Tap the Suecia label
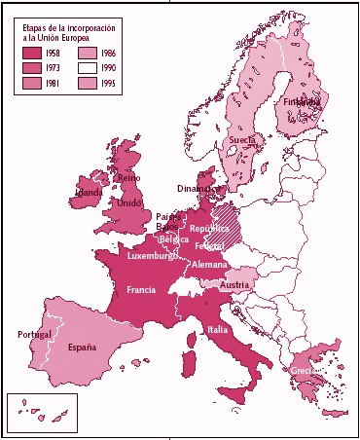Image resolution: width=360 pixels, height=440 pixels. tap(242, 140)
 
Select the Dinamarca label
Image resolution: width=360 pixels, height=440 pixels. tap(198, 188)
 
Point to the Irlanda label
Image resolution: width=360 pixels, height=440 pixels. tap(89, 192)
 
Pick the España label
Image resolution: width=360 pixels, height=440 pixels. tap(82, 347)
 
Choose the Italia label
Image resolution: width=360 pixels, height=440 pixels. tap(219, 330)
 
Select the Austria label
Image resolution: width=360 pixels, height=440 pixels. tap(235, 285)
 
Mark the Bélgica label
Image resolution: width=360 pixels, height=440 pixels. tap(174, 238)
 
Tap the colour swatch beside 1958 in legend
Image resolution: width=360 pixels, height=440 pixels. tap(33, 53)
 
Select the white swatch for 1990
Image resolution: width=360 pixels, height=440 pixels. tap(90, 68)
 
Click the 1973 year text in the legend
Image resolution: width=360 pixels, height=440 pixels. tap(57, 68)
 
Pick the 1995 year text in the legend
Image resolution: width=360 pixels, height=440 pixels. tap(113, 85)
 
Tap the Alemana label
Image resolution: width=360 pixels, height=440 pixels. tap(210, 264)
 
